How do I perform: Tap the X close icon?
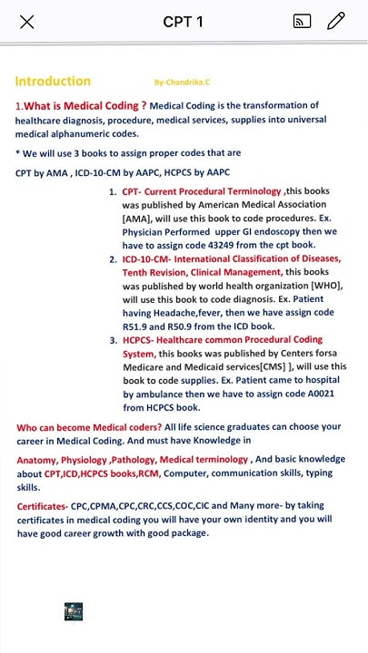point(27,22)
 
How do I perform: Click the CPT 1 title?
point(184,22)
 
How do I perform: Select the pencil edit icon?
point(336,22)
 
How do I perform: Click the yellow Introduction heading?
point(53,81)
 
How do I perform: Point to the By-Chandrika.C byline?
point(180,82)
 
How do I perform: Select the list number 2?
point(113,258)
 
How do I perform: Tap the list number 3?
point(113,340)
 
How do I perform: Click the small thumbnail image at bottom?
point(75,612)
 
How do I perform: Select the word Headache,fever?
point(164,313)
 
